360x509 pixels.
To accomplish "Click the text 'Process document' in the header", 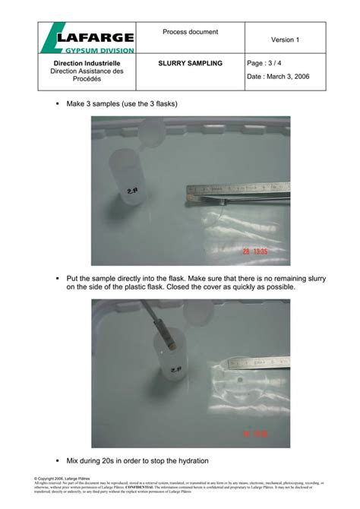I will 190,32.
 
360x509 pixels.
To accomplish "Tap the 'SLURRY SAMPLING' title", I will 190,63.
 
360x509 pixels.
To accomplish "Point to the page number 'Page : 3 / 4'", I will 269,63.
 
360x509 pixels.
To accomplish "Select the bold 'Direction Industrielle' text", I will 87,63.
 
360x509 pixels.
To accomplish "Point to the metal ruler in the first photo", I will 243,187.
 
